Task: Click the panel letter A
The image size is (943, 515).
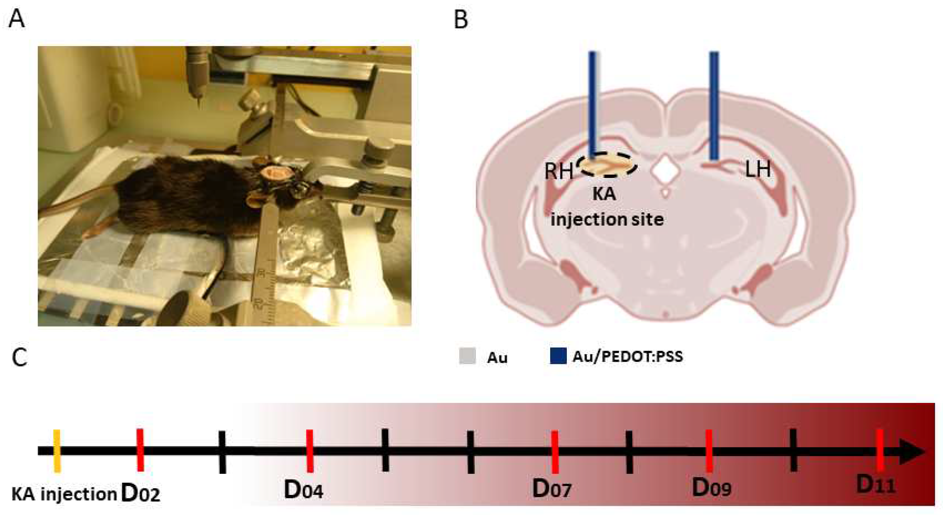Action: tap(17, 19)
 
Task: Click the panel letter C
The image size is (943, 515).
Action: tap(19, 357)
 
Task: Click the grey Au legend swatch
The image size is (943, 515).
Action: tap(467, 356)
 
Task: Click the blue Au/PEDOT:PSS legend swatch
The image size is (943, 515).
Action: tap(558, 356)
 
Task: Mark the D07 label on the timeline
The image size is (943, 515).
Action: tap(552, 489)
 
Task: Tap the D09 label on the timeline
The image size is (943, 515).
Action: tap(711, 488)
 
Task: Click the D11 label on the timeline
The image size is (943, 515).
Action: tap(876, 485)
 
